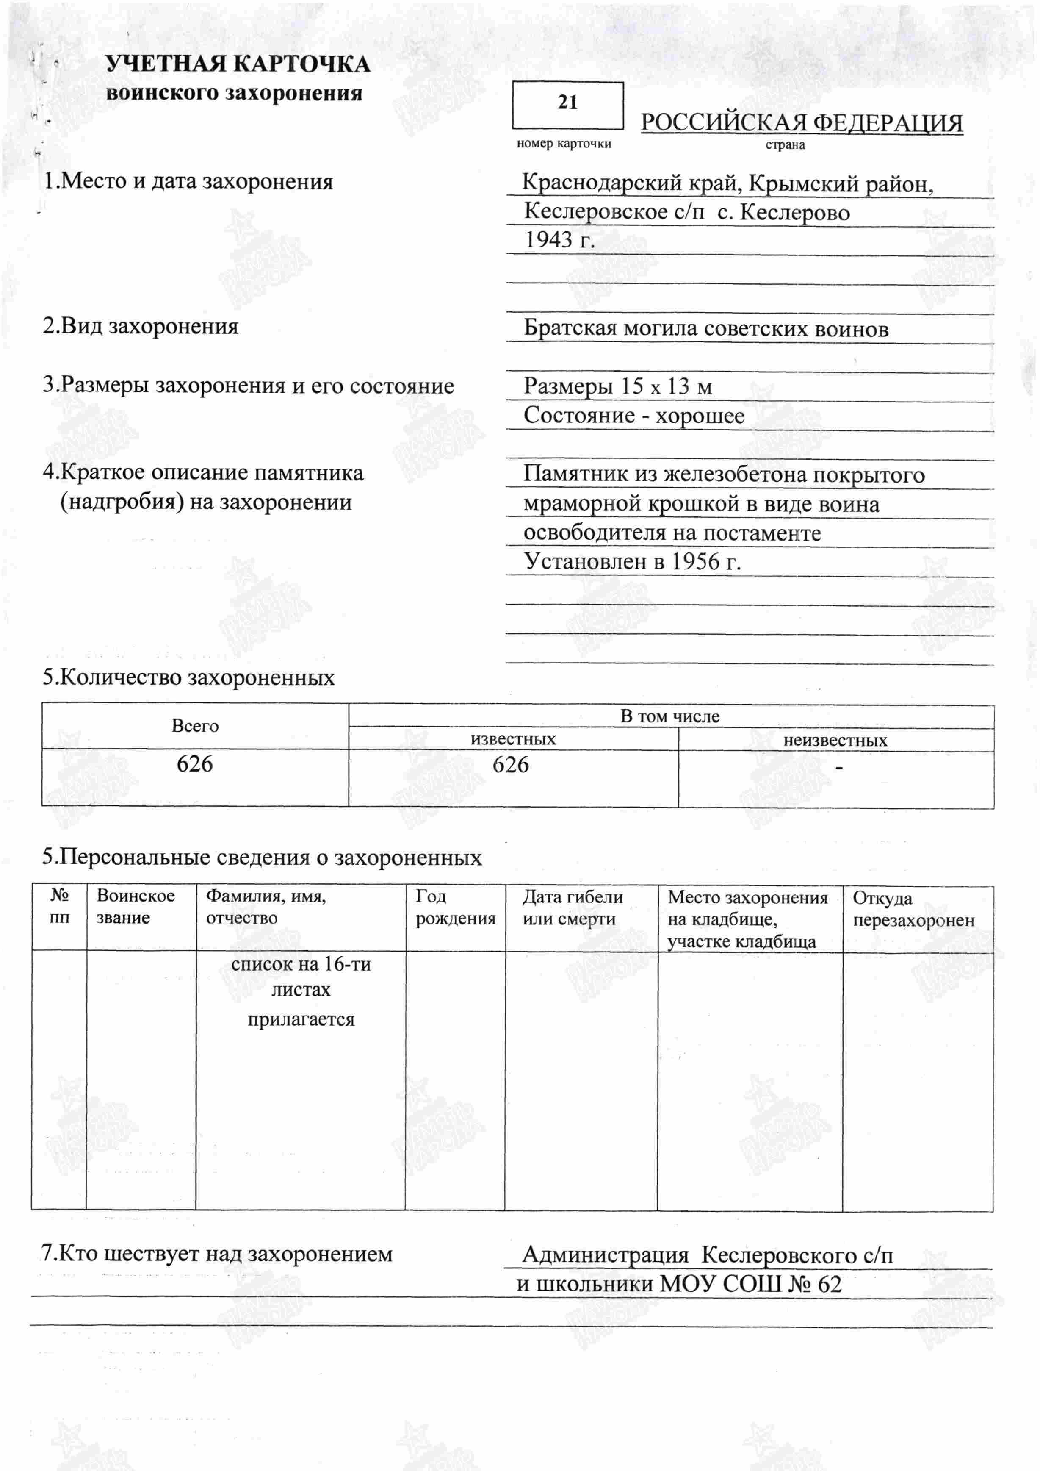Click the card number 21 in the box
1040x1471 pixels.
point(567,103)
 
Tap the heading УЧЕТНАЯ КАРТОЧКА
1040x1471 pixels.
point(237,64)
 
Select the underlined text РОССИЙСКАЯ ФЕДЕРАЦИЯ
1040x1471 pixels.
point(802,123)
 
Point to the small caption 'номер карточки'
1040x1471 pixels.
point(564,144)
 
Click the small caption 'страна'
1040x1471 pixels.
point(785,145)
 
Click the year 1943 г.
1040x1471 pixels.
point(560,240)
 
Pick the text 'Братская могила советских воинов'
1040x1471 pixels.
point(706,329)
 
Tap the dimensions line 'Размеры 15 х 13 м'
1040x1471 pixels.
point(617,386)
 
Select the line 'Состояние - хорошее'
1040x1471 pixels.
point(633,416)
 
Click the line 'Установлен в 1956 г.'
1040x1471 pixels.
point(632,562)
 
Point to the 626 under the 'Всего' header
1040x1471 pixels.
point(195,764)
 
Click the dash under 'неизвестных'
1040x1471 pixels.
point(839,768)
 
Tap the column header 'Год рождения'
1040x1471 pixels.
point(455,907)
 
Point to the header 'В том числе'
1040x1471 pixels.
point(670,716)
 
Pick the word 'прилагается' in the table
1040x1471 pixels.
point(301,1019)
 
